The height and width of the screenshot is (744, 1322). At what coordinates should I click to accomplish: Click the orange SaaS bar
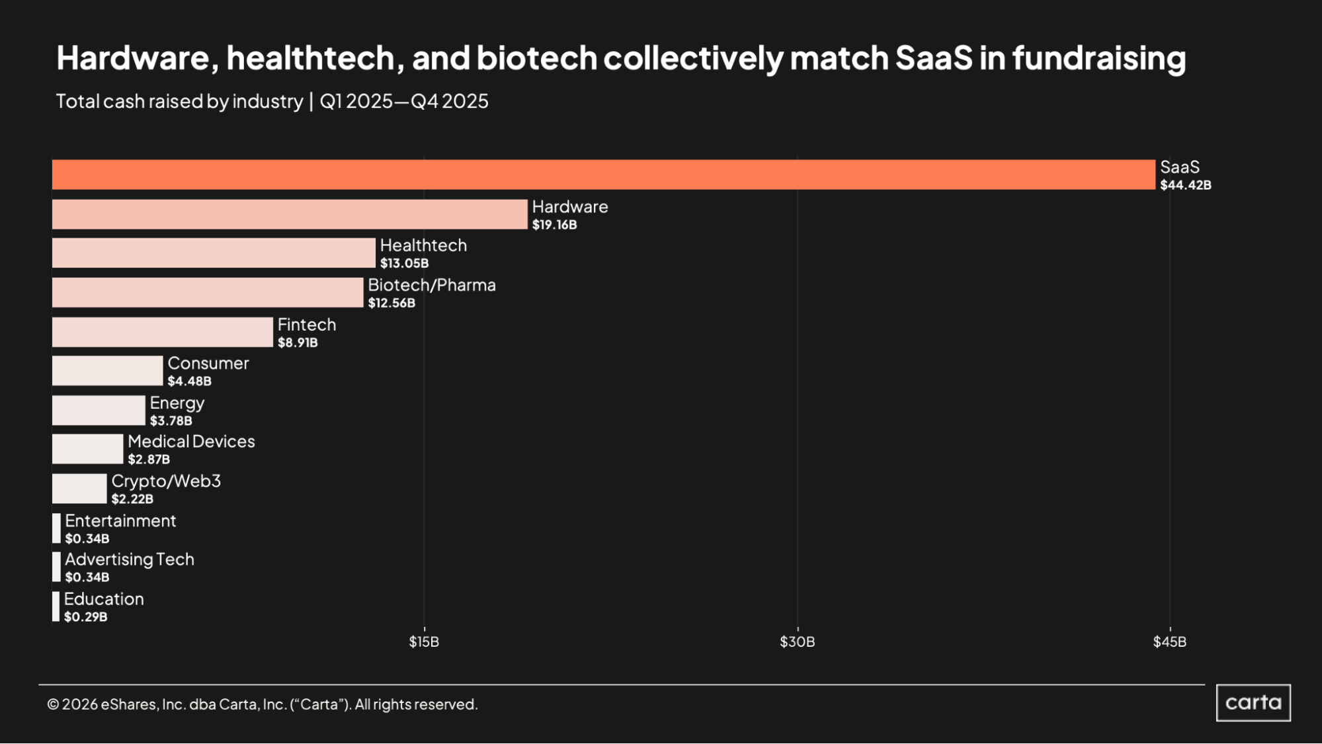coord(603,175)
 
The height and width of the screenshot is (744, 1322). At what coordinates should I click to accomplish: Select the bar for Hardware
coord(290,214)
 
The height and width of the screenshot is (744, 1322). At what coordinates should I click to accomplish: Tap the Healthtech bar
coord(214,253)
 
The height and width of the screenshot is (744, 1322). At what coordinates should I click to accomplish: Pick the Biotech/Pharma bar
coord(208,292)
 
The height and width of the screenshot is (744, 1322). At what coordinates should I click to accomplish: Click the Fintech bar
coord(162,332)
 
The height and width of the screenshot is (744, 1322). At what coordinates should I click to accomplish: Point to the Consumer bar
coord(107,370)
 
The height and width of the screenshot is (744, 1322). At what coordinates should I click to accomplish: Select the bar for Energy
coord(99,410)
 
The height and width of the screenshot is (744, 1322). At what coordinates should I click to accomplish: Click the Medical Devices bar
coord(87,449)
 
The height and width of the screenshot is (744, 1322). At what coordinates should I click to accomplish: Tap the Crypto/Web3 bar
coord(79,489)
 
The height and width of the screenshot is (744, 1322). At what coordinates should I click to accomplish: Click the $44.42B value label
coord(1186,185)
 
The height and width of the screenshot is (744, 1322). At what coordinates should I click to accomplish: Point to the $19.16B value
coord(554,225)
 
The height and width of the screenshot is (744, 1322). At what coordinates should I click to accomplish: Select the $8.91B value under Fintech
coord(298,343)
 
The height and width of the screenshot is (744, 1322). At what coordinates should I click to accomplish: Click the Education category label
coord(104,599)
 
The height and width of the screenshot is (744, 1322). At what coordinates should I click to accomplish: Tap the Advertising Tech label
coord(130,559)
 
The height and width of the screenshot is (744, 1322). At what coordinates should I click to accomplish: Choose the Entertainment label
coord(120,521)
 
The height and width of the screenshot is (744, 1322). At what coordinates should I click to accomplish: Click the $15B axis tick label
coord(424,641)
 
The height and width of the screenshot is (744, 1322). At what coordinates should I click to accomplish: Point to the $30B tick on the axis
coord(797,641)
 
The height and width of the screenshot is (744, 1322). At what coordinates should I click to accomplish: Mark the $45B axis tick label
coord(1169,641)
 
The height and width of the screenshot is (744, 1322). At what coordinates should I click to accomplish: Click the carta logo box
coord(1253,702)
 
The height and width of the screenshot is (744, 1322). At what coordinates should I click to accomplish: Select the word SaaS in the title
coord(934,58)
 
